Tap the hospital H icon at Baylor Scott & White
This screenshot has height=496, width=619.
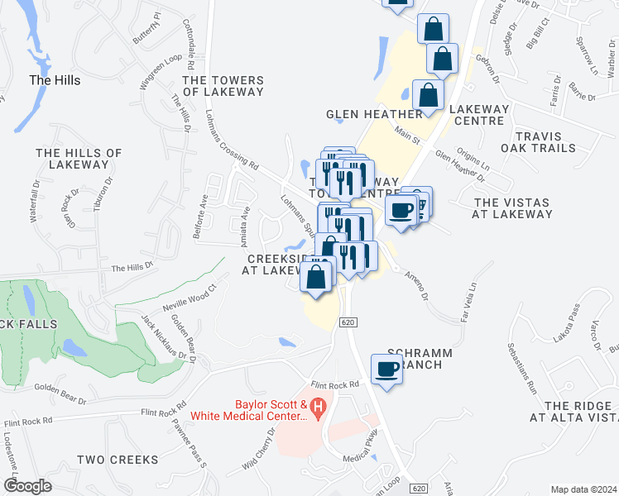(x=319, y=408)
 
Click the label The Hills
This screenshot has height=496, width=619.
(x=55, y=80)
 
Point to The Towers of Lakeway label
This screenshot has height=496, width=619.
(x=223, y=86)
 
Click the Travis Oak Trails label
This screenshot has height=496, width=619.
(x=544, y=141)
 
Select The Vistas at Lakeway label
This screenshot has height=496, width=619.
(x=512, y=208)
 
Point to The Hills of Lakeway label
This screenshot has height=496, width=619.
(x=79, y=159)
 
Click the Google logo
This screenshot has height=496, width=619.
(x=27, y=485)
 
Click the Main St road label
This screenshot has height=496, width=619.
(x=407, y=132)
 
